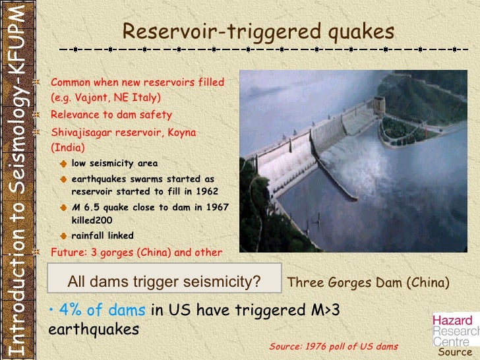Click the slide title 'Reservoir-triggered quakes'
(258, 30)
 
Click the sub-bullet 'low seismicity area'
(114, 164)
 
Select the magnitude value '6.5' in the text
(90, 207)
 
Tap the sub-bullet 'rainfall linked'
(102, 235)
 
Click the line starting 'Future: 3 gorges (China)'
(136, 252)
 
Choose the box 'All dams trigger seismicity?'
(165, 282)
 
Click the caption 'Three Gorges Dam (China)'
(369, 283)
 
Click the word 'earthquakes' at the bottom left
(94, 328)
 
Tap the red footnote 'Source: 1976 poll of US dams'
(334, 346)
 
